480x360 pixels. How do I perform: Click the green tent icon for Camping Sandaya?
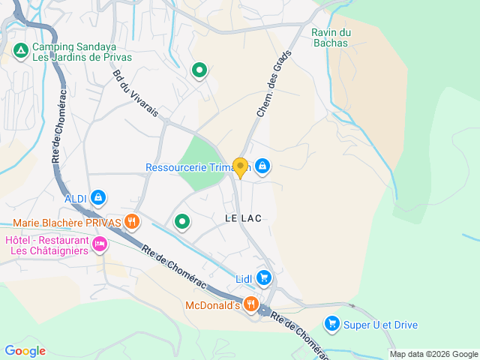[x=21, y=51]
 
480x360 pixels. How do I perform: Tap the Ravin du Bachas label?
[x=331, y=37]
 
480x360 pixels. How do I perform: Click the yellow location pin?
[x=240, y=167]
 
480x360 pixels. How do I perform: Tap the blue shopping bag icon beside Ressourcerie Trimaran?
[x=262, y=166]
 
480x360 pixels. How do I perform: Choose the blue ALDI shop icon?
[x=98, y=198]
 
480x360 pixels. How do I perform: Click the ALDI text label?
[x=76, y=198]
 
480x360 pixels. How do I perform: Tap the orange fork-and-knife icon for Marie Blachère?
[x=132, y=221]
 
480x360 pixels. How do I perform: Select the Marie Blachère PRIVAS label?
[x=67, y=223]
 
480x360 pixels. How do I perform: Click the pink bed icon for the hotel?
[x=100, y=244]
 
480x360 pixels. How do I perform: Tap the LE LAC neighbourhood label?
[x=243, y=218]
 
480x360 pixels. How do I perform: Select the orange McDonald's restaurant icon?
[x=250, y=304]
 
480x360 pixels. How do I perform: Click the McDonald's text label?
[x=212, y=305]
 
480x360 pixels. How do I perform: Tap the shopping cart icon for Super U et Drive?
[x=331, y=324]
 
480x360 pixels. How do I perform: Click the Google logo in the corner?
[x=25, y=350]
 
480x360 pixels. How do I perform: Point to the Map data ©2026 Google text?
[x=433, y=354]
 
